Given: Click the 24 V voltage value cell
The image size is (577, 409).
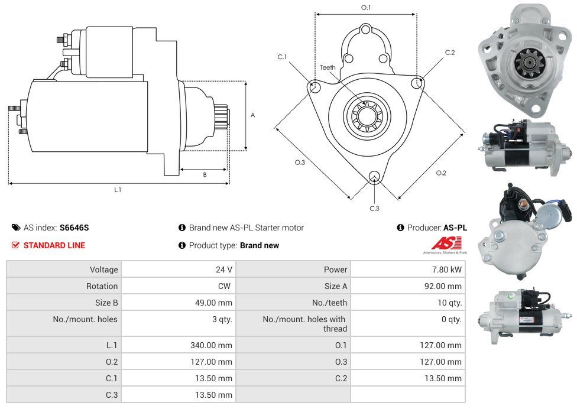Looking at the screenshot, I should pos(223,270).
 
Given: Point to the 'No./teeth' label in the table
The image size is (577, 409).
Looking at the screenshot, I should pos(329,303).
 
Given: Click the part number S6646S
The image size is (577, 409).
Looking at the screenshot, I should pos(74,228).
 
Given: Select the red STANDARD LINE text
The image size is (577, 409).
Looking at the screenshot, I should pos(54,245).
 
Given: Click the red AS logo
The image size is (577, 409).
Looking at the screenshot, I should pos(443,244).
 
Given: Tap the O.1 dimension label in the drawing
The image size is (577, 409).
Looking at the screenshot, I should pos(366,7).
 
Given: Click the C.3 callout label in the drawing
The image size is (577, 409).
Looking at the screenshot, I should pos(374,208).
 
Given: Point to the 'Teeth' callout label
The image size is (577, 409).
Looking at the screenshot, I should pos(328,67).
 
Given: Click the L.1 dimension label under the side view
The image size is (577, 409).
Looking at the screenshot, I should pos(118,190).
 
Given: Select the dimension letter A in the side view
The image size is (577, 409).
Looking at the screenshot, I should pos(252,115).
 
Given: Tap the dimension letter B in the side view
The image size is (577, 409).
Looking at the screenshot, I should pos(205,175).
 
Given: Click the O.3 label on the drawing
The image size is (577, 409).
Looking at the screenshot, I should pos(300,162).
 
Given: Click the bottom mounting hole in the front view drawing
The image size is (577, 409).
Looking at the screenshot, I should pos(374,176).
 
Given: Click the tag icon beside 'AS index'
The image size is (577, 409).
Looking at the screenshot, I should pos(16,228).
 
